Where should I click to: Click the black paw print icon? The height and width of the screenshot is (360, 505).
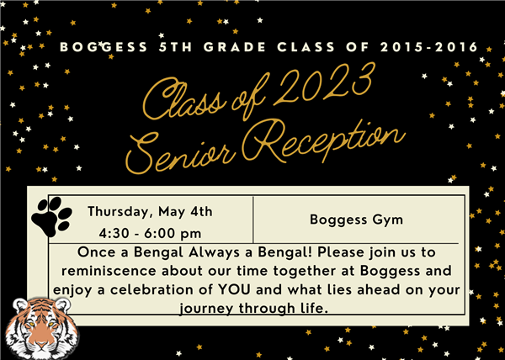click(51, 216)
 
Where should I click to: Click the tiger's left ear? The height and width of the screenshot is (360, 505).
click(20, 305)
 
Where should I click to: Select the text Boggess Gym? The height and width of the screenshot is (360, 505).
click(356, 220)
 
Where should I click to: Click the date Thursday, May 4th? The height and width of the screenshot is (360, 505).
click(150, 212)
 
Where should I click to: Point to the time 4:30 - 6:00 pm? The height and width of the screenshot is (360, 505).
click(150, 234)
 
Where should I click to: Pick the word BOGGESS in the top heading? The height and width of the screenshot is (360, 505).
click(104, 47)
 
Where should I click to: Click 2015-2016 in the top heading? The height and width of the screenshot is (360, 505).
click(429, 47)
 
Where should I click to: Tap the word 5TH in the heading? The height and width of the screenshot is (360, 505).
click(176, 47)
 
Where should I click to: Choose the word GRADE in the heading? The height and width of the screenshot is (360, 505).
click(235, 47)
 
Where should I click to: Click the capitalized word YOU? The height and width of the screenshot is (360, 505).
click(234, 289)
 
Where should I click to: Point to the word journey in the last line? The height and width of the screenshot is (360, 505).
click(206, 309)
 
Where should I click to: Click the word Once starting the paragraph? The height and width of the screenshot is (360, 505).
click(97, 252)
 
